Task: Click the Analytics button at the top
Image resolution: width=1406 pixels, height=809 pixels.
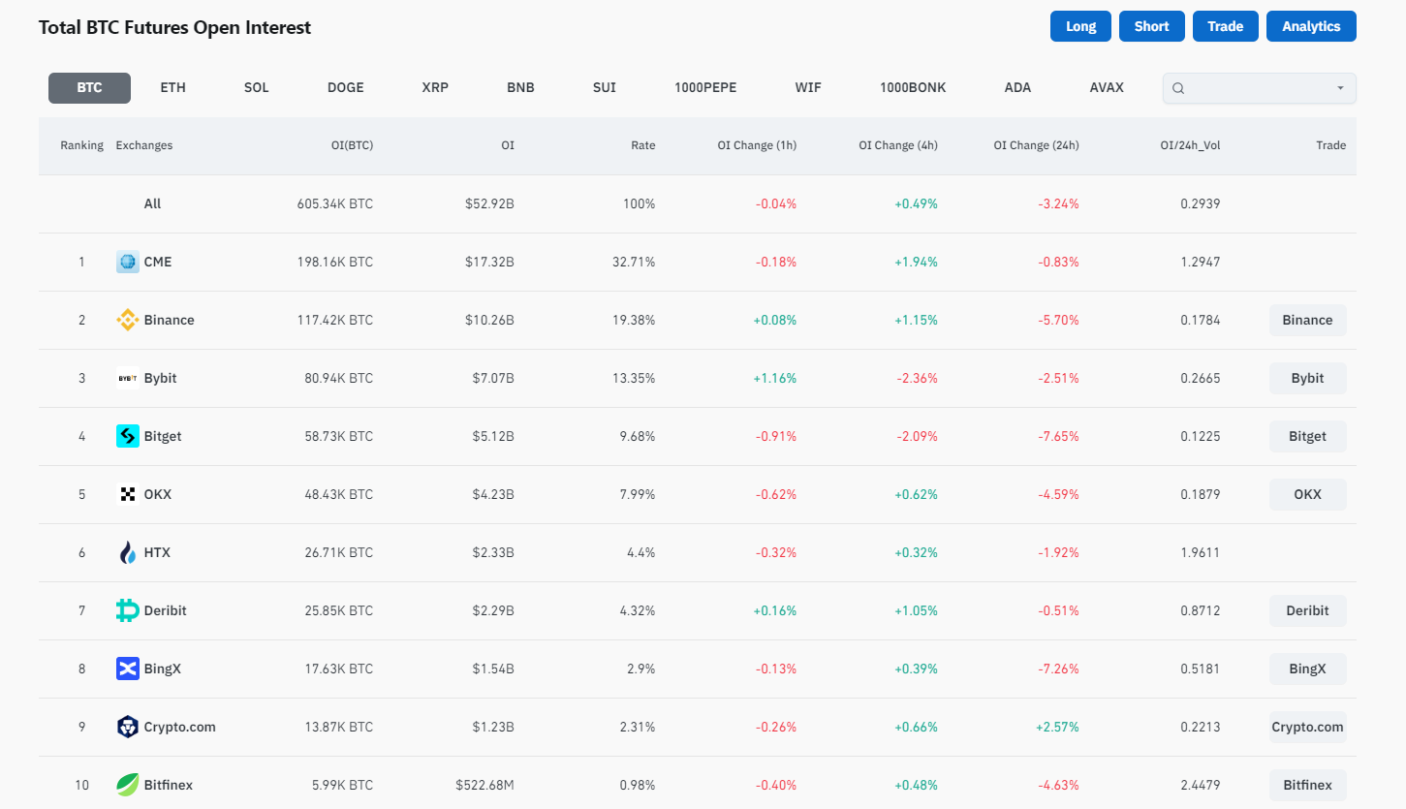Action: click(x=1310, y=26)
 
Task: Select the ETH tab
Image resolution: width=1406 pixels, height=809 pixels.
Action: click(x=172, y=87)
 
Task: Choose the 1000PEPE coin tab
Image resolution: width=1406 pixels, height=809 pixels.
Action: click(x=704, y=87)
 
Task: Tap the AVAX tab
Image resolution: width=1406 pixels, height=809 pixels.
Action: click(x=1106, y=87)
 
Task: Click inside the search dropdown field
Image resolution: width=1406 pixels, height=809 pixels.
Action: click(x=1258, y=88)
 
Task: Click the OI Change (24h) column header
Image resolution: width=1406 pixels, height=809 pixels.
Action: click(x=1035, y=145)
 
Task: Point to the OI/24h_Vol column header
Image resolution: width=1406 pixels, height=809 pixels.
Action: click(x=1190, y=145)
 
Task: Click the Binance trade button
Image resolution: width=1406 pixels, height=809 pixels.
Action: click(x=1306, y=320)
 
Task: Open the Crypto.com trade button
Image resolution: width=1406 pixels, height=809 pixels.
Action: click(x=1306, y=727)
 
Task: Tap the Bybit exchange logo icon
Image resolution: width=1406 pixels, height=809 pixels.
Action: click(x=128, y=378)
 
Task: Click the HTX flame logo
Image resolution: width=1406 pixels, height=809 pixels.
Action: click(x=128, y=552)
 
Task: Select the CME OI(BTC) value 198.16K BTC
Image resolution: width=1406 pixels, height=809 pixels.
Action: click(x=334, y=262)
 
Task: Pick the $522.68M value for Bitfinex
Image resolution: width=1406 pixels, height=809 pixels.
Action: click(x=484, y=785)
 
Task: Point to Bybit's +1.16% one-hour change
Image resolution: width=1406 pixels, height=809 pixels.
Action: click(x=774, y=378)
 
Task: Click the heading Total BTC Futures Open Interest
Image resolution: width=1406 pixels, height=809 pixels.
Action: click(x=174, y=27)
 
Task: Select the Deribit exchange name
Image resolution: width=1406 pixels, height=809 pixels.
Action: click(x=165, y=610)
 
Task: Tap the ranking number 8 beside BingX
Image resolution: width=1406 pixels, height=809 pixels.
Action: click(x=81, y=669)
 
